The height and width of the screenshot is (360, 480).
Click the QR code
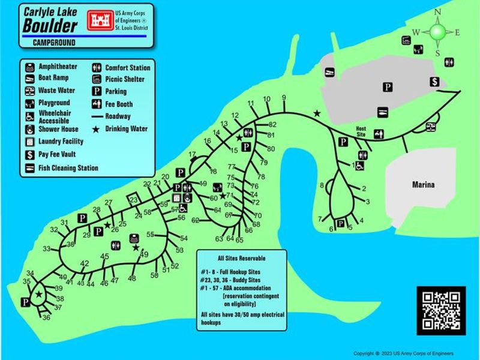click(x=441, y=310)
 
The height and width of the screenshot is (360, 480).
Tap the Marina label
click(x=423, y=185)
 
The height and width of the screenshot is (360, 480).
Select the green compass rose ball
click(x=438, y=31)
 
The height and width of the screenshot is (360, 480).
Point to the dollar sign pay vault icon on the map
click(x=434, y=82)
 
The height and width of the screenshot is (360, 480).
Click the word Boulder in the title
click(x=50, y=26)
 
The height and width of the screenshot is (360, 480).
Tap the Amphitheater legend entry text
click(x=58, y=67)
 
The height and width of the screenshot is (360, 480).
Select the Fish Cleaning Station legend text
click(x=68, y=168)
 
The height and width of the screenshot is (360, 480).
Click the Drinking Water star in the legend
click(x=95, y=128)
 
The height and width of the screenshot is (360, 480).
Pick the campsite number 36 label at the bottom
click(x=46, y=317)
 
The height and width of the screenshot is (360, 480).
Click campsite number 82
click(x=272, y=124)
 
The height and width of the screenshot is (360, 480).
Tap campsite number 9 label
click(x=284, y=98)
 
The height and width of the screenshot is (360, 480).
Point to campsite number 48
click(x=132, y=278)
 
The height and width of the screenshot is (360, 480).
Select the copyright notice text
click(x=403, y=353)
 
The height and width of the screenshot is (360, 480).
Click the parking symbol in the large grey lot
click(x=388, y=88)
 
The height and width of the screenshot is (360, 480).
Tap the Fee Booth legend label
click(x=119, y=104)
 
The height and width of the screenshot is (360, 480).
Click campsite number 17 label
click(x=193, y=155)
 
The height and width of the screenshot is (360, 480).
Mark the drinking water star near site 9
click(x=317, y=113)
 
